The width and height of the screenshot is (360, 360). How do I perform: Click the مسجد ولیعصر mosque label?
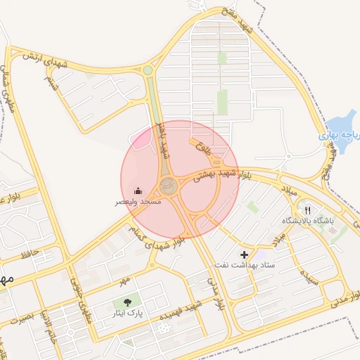pos(139,202)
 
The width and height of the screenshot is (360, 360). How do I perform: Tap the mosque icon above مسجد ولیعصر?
pos(139,191)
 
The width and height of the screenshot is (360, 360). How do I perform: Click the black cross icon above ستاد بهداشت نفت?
pos(244,254)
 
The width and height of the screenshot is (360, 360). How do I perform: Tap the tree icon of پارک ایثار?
pos(127,302)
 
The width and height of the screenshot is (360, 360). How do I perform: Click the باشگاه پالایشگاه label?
pos(309,221)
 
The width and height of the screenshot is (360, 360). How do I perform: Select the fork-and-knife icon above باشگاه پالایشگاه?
pos(307,210)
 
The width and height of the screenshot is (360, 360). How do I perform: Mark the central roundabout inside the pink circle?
pos(169,186)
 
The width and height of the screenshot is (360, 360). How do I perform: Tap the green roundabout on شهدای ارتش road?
pos(148,70)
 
